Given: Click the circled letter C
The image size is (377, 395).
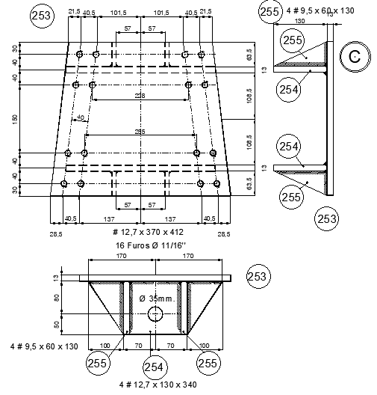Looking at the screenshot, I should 355,57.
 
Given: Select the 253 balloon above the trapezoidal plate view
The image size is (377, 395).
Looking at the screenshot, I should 43,14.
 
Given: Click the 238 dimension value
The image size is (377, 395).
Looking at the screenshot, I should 139,96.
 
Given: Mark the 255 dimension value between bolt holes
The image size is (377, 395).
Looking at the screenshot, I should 140,132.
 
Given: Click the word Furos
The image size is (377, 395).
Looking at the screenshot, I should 140,245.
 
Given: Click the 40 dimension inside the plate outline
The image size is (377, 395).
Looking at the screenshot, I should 80,117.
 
